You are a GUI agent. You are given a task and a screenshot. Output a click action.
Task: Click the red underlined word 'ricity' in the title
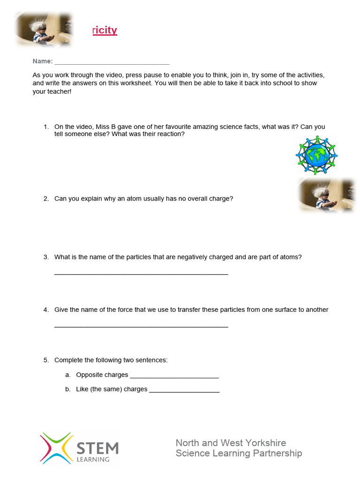point(105,30)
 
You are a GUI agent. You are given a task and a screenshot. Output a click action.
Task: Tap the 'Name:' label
point(42,61)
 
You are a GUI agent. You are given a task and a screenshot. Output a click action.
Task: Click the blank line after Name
point(112,63)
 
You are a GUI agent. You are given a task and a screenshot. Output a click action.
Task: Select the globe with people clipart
point(317,155)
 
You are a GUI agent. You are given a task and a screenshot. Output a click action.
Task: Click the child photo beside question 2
point(326,195)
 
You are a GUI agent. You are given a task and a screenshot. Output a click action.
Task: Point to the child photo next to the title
point(44,29)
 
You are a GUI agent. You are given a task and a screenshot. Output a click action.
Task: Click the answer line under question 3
point(141,273)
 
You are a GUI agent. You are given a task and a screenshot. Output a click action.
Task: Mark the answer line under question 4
point(141,326)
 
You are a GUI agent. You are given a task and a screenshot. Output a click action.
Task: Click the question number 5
point(46,360)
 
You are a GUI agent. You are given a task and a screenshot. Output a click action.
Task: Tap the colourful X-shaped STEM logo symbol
point(56,448)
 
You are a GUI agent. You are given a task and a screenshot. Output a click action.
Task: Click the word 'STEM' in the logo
point(97,448)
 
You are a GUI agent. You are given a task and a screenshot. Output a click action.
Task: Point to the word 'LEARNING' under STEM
point(93,459)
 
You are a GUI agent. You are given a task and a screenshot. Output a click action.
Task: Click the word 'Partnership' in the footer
point(277,453)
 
